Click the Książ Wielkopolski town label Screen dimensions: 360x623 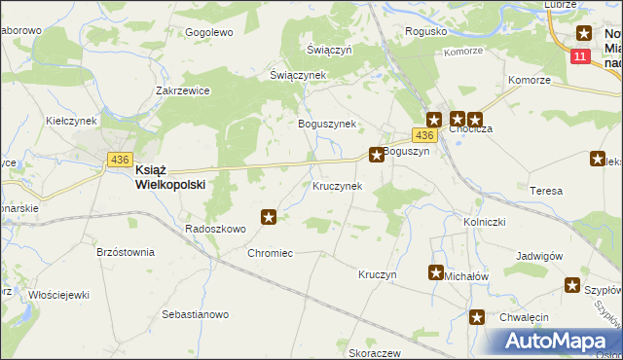(x=169, y=175)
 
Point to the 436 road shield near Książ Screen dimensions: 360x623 (x=120, y=160)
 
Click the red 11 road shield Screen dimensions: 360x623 (x=581, y=57)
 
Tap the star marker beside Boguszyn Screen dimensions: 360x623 (x=376, y=154)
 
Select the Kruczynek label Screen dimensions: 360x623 (x=338, y=185)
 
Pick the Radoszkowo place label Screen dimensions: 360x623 (x=215, y=229)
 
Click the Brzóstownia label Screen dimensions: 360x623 (x=126, y=251)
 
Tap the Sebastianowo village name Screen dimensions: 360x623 (x=195, y=314)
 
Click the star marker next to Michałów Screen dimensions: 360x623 (x=436, y=273)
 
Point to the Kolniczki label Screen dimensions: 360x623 (x=482, y=222)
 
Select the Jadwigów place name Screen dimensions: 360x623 (x=541, y=256)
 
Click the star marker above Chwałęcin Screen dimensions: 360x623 (x=477, y=317)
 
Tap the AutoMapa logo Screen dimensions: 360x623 (x=551, y=342)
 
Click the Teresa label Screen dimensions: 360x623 (x=545, y=191)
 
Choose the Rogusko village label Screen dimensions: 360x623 (x=426, y=31)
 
